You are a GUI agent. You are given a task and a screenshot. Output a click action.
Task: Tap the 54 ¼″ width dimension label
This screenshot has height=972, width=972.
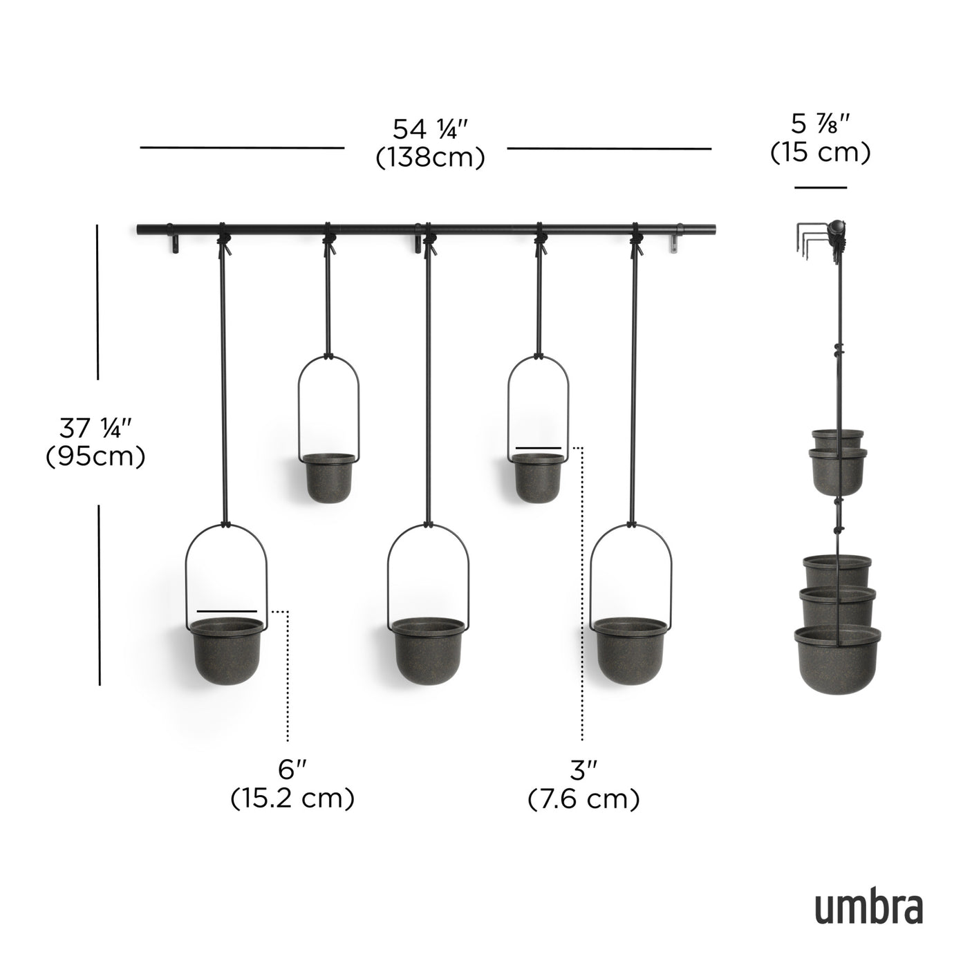pyautogui.click(x=431, y=130)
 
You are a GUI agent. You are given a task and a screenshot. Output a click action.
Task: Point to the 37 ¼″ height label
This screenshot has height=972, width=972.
pyautogui.click(x=95, y=429)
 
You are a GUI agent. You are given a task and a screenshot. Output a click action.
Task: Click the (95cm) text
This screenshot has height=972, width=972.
pyautogui.click(x=95, y=457)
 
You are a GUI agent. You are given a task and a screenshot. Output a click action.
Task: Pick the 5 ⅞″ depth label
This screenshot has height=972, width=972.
pyautogui.click(x=821, y=125)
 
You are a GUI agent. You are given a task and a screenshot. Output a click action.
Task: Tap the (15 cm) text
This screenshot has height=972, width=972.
pyautogui.click(x=821, y=152)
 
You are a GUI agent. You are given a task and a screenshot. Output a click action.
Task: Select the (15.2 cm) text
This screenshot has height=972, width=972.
pyautogui.click(x=292, y=799)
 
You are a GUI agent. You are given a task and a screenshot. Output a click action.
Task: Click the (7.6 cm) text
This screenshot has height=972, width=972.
pyautogui.click(x=583, y=799)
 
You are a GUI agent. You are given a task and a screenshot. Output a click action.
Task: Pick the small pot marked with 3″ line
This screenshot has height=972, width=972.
pyautogui.click(x=538, y=477)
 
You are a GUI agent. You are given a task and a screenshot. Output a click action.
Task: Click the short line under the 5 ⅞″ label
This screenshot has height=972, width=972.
pyautogui.click(x=821, y=187)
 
